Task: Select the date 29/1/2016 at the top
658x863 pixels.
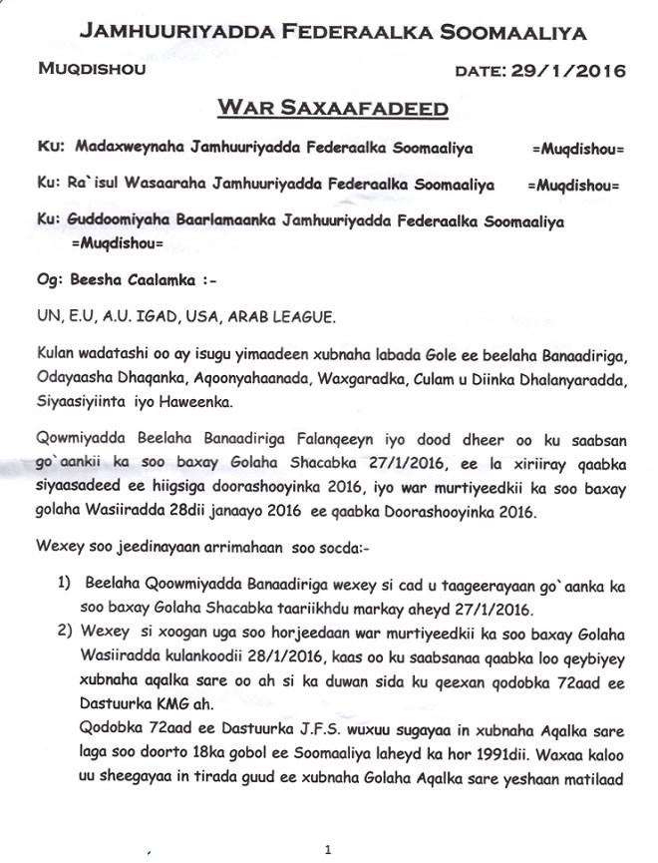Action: point(567,70)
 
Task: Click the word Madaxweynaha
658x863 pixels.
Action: point(122,149)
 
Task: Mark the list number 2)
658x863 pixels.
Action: point(64,632)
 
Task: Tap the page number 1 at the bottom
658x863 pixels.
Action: point(327,850)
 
